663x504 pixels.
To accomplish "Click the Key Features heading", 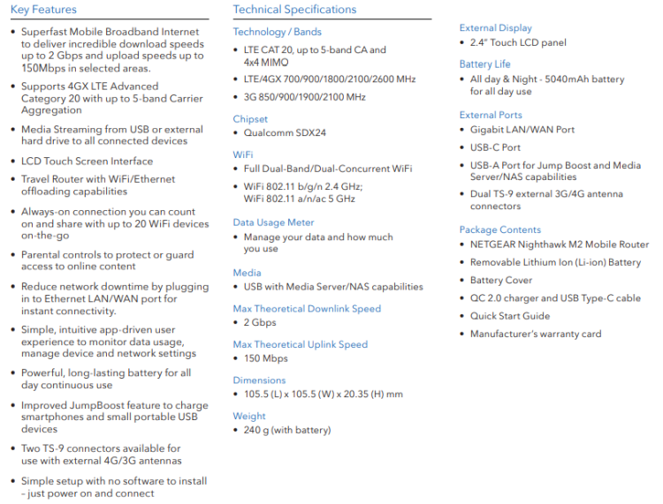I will pyautogui.click(x=43, y=10).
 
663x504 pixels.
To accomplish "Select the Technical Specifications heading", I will pyautogui.click(x=294, y=10).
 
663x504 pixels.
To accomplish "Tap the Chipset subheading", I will pyautogui.click(x=250, y=119).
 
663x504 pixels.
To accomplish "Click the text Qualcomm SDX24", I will pyautogui.click(x=284, y=133).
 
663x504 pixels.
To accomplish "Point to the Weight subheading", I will pyautogui.click(x=249, y=416).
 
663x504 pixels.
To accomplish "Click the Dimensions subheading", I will pyautogui.click(x=259, y=380).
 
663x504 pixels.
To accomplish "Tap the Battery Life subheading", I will pyautogui.click(x=484, y=64).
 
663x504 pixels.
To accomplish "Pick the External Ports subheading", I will pyautogui.click(x=491, y=115).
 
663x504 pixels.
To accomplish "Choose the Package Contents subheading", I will pyautogui.click(x=499, y=229).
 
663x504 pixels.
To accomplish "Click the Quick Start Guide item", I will pyautogui.click(x=509, y=316).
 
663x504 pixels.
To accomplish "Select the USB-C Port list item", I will pyautogui.click(x=495, y=147).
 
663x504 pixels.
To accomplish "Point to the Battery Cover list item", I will pyautogui.click(x=501, y=280).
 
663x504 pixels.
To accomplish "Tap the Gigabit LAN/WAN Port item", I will pyautogui.click(x=522, y=129).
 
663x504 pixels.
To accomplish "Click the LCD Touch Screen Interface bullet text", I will pyautogui.click(x=87, y=162).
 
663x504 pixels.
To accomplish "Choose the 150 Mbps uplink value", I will pyautogui.click(x=265, y=358).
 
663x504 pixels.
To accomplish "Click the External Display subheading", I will pyautogui.click(x=495, y=28).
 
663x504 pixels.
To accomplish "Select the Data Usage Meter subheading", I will pyautogui.click(x=273, y=222).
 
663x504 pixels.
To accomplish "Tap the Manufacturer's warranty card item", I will pyautogui.click(x=535, y=334).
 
